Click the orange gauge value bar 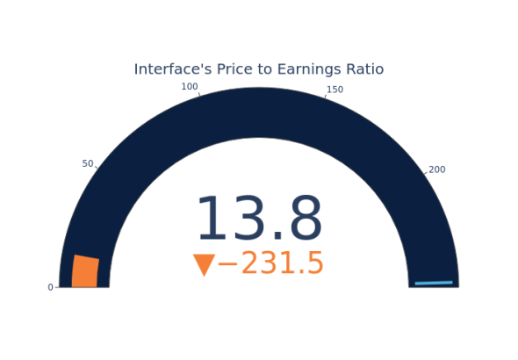click(85, 271)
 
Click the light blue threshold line click(434, 283)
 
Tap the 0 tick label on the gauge click(50, 287)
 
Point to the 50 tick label click(88, 163)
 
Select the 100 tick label click(190, 87)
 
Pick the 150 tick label click(335, 90)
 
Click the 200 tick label click(437, 169)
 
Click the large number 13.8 click(259, 218)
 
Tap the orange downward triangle click(205, 265)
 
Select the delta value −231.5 click(270, 263)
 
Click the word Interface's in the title click(173, 69)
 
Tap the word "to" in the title click(265, 69)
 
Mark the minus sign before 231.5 click(227, 263)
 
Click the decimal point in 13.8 click(278, 236)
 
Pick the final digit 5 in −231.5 click(315, 263)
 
